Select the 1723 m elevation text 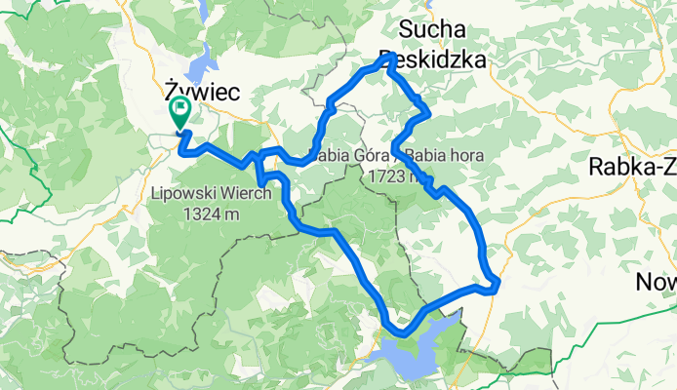[x=399, y=177]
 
